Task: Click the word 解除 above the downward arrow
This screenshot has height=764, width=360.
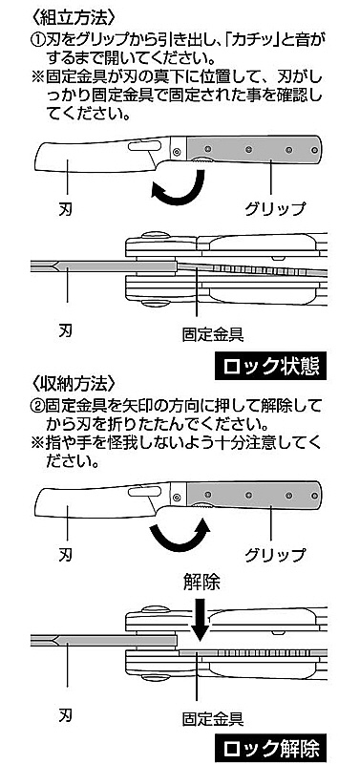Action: click(x=201, y=582)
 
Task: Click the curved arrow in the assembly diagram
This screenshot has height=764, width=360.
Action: click(x=179, y=187)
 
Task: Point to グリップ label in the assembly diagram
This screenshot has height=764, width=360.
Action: click(x=276, y=208)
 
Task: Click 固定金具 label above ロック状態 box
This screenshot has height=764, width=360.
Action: click(x=212, y=334)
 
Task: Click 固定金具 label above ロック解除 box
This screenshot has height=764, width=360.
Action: click(x=212, y=716)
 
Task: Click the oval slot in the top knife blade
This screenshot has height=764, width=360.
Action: click(x=145, y=146)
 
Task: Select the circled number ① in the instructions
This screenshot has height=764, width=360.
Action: click(x=39, y=38)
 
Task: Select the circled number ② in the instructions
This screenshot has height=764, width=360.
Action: click(x=39, y=405)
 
